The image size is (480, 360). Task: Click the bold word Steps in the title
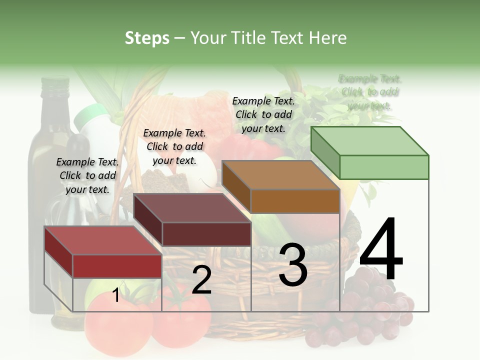tap(147, 38)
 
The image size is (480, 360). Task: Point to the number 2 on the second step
tap(201, 280)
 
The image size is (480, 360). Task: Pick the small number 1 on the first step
tap(116, 295)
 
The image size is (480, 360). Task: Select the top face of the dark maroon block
tap(192, 208)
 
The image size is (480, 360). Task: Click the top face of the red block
tap(103, 240)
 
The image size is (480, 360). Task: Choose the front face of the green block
tap(384, 167)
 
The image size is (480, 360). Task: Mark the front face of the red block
tap(117, 266)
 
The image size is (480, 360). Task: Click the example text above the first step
tap(87, 175)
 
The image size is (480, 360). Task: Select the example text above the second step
tap(174, 146)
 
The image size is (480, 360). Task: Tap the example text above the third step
tap(263, 114)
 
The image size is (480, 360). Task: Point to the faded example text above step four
tap(370, 92)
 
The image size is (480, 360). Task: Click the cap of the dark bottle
tap(54, 84)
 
